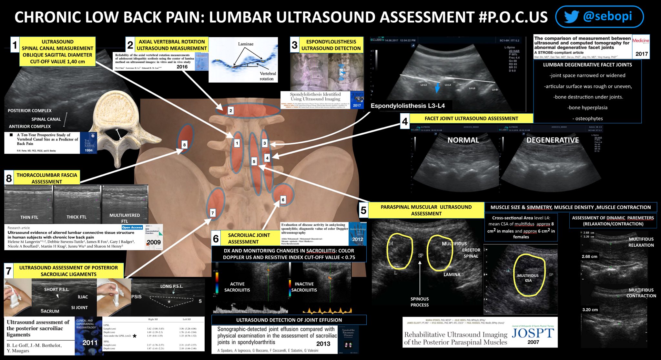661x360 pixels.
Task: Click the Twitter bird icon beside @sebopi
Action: click(x=572, y=17)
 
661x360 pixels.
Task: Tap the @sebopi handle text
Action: click(x=607, y=16)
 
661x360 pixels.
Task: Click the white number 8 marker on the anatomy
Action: click(x=184, y=145)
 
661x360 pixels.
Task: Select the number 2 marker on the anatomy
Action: click(x=230, y=111)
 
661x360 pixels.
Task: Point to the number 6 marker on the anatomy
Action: click(x=283, y=200)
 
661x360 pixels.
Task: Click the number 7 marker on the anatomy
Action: click(x=212, y=213)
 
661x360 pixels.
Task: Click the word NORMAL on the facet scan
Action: click(x=463, y=140)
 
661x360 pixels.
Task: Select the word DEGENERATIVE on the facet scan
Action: click(x=553, y=140)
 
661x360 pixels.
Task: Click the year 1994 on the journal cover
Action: click(x=88, y=150)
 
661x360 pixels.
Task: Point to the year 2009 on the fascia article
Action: click(x=154, y=242)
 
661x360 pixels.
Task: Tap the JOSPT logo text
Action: click(x=533, y=333)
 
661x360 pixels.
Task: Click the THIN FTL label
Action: click(x=29, y=217)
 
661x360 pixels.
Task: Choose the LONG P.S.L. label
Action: click(x=171, y=286)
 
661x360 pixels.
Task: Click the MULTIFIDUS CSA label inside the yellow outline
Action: click(x=528, y=278)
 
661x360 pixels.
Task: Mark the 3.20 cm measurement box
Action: click(x=590, y=310)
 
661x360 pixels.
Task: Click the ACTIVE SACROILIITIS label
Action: click(x=237, y=287)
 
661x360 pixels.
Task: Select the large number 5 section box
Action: click(x=363, y=211)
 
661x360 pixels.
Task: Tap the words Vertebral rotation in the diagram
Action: click(x=268, y=76)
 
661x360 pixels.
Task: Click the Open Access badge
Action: click(x=132, y=228)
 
